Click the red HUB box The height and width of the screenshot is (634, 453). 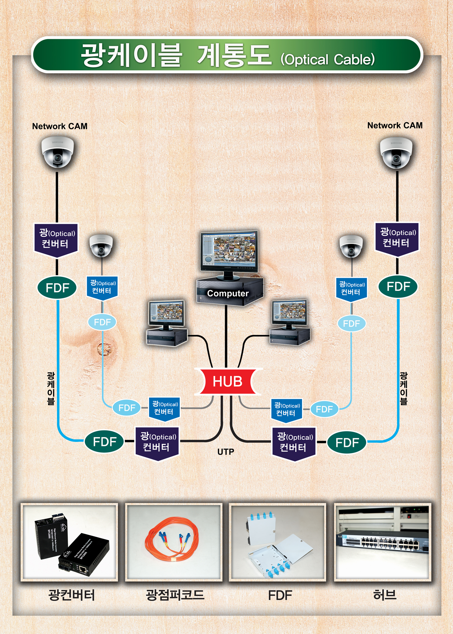click(x=227, y=381)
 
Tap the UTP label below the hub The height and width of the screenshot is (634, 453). click(x=226, y=452)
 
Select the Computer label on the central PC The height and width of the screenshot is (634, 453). click(x=228, y=293)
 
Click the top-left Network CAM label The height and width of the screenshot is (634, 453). click(x=60, y=126)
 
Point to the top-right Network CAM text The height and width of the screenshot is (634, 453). click(x=395, y=125)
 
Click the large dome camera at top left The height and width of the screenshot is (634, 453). click(x=57, y=152)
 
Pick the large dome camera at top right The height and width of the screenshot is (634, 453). click(x=396, y=153)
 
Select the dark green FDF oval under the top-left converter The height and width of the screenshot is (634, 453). click(x=57, y=288)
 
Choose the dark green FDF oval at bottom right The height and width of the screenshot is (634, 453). click(x=347, y=442)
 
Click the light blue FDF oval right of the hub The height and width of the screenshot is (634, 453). click(x=324, y=409)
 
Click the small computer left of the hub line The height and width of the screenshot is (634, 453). click(x=166, y=323)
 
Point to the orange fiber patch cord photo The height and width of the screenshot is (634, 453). click(x=173, y=542)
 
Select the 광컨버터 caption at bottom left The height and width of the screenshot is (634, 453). click(x=71, y=595)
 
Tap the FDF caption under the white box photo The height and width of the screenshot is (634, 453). click(x=280, y=595)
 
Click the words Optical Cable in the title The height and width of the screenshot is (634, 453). click(x=328, y=59)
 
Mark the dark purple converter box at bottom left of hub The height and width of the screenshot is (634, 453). click(x=157, y=443)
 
